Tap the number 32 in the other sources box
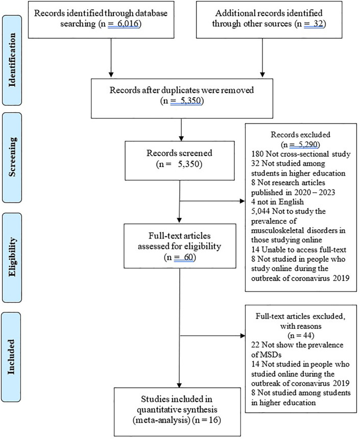point(318,24)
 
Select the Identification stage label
point(12,60)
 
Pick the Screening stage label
point(12,157)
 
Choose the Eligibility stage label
point(12,257)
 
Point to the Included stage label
point(11,357)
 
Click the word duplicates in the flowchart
point(180,90)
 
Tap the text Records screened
point(179,153)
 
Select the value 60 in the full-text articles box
point(189,257)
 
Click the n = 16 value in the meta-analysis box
point(207,420)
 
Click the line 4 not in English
point(277,202)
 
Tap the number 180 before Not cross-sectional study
point(257,154)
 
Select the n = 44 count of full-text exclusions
point(301,335)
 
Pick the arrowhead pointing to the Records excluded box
point(242,201)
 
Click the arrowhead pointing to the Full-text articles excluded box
point(243,335)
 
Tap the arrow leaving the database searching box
point(111,58)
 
